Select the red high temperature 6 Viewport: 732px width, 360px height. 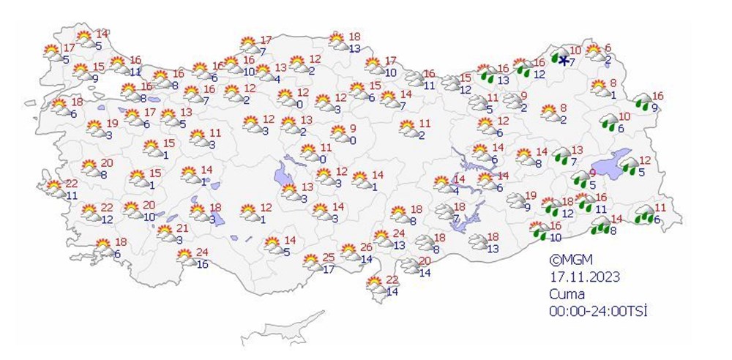(607, 48)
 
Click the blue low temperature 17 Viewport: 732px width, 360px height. (329, 269)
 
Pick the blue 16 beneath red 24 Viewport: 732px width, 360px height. (203, 264)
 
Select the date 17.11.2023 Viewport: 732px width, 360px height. (586, 277)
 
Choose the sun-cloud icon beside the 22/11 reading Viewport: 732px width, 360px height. (53, 188)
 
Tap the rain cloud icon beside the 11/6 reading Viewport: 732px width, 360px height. (644, 214)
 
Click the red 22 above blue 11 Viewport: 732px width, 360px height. (71, 184)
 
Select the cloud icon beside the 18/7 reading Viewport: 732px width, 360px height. (444, 212)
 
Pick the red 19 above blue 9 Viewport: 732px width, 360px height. (531, 195)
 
